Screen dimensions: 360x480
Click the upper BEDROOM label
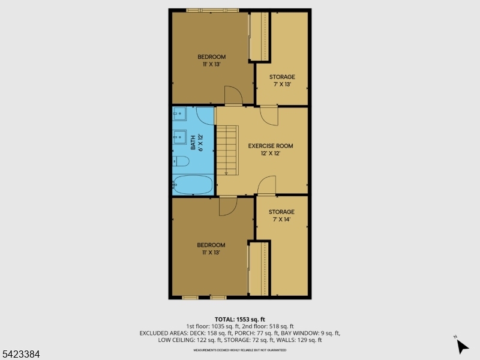click(212, 61)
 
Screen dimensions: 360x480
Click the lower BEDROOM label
click(212, 248)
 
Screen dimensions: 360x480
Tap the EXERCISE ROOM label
click(271, 149)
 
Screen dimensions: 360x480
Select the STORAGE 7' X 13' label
click(282, 80)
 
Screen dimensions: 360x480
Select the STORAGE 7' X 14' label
click(281, 215)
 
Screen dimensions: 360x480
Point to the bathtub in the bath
click(193, 185)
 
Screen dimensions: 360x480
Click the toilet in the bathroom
click(182, 161)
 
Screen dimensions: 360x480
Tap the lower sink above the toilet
click(179, 137)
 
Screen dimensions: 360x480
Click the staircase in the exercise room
click(227, 150)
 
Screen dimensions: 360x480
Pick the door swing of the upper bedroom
click(232, 95)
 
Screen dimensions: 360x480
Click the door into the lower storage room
click(267, 185)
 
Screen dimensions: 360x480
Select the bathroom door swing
click(205, 116)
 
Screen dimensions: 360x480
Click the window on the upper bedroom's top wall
click(212, 10)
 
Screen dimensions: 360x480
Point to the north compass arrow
click(462, 346)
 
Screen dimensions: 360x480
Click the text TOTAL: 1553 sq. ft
click(239, 319)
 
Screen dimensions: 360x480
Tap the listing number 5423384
click(21, 355)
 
